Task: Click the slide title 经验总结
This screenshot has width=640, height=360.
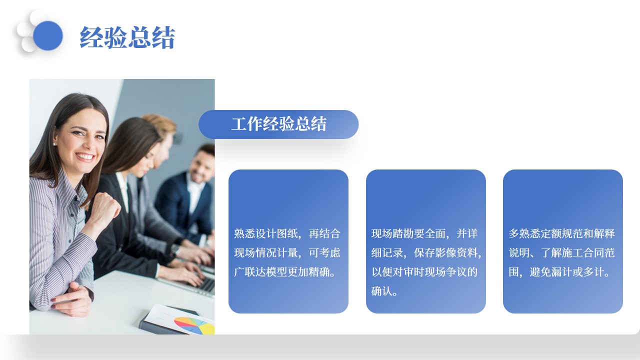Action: click(127, 37)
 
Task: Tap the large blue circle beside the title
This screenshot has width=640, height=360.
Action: click(47, 35)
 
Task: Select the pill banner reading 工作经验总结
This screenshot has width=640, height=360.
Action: click(278, 124)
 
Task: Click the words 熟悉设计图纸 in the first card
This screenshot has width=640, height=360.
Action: click(266, 233)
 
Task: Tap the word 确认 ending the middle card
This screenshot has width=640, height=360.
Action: click(381, 291)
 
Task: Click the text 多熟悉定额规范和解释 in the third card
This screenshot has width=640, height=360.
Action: click(561, 233)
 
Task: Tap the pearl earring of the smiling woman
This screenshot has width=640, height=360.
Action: click(54, 144)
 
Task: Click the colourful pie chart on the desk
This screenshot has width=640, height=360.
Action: click(195, 325)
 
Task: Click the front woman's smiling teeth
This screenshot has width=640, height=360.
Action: click(85, 157)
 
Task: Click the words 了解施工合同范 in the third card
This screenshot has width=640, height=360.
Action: click(577, 253)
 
